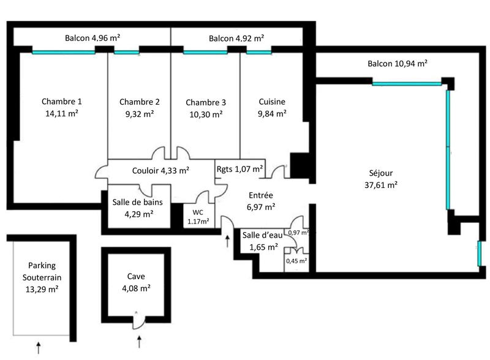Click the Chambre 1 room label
point(62,102)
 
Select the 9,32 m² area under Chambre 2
point(140,114)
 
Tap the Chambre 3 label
point(206,102)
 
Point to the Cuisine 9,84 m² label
point(272,107)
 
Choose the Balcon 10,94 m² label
point(397,64)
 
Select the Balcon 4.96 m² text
point(92,38)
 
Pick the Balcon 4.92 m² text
point(236,38)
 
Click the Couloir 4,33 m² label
point(160,171)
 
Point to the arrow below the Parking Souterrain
point(39,348)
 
